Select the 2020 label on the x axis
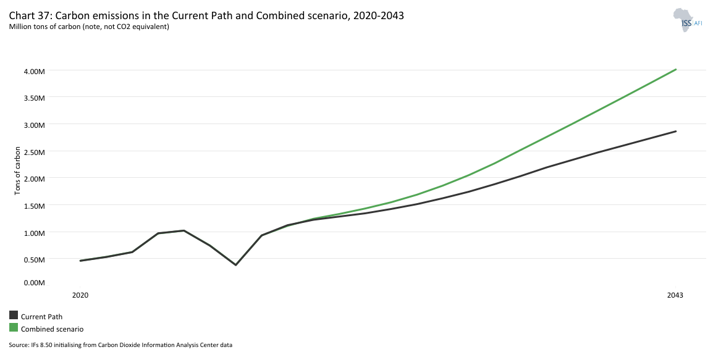point(80,296)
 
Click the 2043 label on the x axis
point(675,296)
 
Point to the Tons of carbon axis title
point(17,171)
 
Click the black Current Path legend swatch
point(14,316)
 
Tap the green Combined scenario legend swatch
point(14,328)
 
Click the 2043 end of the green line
point(676,69)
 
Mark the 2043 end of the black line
point(676,131)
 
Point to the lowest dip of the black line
point(235,265)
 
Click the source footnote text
point(120,345)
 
